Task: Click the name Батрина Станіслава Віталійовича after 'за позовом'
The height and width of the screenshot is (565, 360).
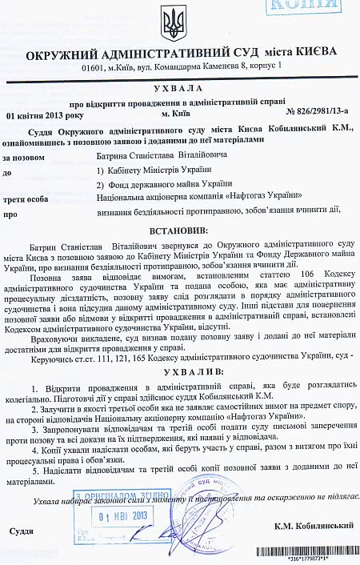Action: click(165, 156)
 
